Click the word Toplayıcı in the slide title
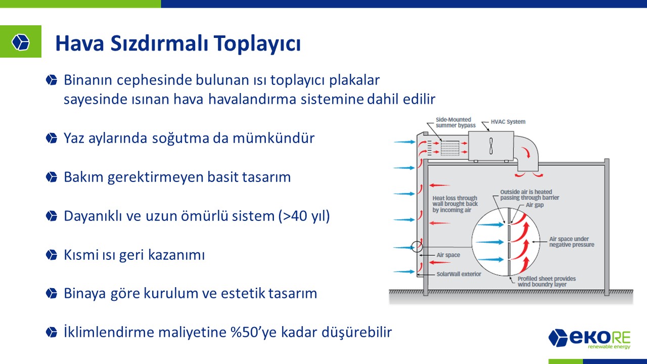(x=257, y=43)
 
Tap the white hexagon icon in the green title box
(x=21, y=42)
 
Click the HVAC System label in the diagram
(x=508, y=122)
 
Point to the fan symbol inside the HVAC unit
(x=491, y=146)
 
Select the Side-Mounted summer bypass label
(x=455, y=122)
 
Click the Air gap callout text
(x=535, y=205)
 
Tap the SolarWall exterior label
(x=458, y=274)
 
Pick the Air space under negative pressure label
(x=572, y=242)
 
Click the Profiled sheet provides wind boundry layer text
(x=546, y=282)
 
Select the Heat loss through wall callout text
(x=455, y=204)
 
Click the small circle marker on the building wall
(x=417, y=246)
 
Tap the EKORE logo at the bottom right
(x=589, y=339)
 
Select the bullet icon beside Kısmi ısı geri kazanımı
(x=52, y=255)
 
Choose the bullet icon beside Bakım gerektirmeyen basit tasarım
(x=52, y=177)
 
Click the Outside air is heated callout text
(x=529, y=195)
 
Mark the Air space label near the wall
(x=448, y=255)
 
